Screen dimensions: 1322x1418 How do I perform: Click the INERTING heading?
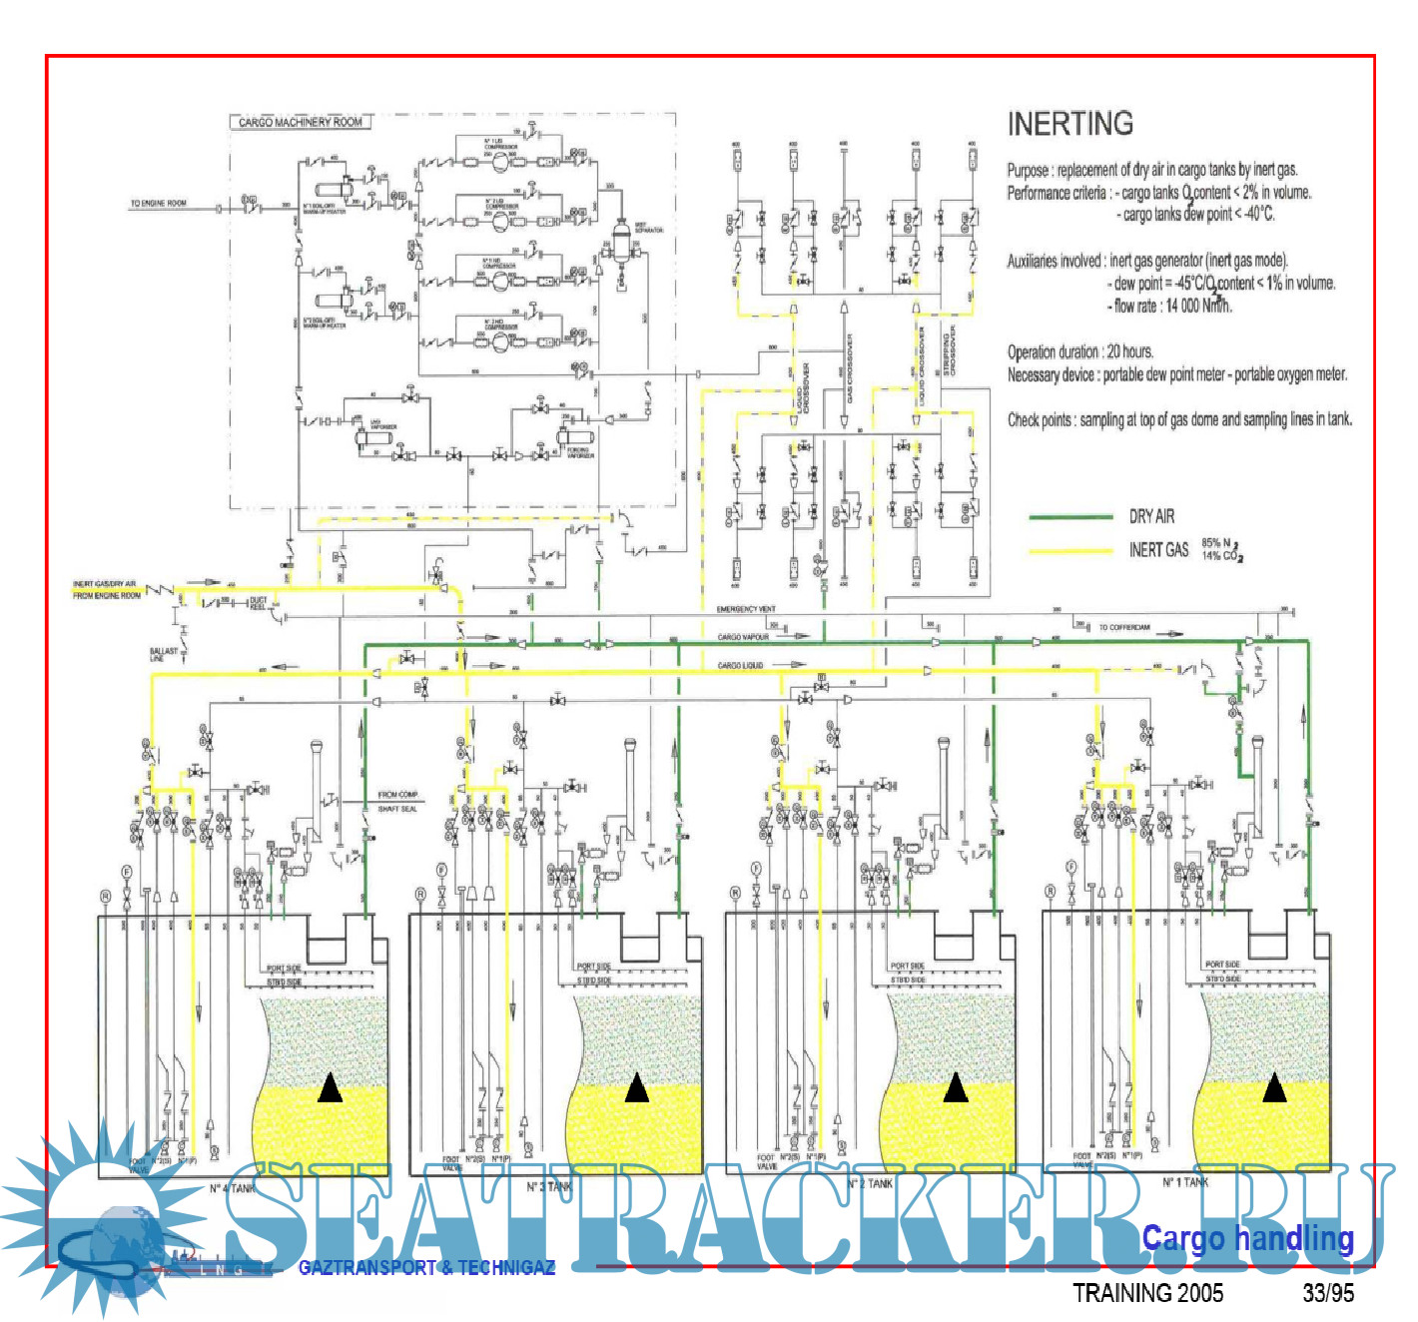(x=1069, y=124)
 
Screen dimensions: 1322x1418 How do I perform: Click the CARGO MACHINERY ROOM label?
(x=301, y=122)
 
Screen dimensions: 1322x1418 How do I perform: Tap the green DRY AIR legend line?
(x=1070, y=516)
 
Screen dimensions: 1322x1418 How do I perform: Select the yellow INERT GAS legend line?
(x=1070, y=550)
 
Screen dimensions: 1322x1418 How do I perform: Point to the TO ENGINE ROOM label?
(x=158, y=203)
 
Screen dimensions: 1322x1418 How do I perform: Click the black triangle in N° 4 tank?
(x=330, y=1088)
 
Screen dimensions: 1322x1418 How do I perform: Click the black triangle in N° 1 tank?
(x=1274, y=1087)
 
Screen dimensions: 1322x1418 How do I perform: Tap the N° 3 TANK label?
(x=550, y=1186)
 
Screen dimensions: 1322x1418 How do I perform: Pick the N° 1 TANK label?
(x=1185, y=1182)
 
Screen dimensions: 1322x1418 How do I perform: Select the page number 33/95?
(x=1328, y=1293)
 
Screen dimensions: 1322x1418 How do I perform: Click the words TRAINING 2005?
(x=1147, y=1293)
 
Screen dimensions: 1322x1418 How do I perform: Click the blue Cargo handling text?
(x=1247, y=1238)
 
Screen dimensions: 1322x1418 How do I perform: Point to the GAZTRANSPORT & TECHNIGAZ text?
(x=426, y=1267)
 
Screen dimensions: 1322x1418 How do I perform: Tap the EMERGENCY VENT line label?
(x=746, y=609)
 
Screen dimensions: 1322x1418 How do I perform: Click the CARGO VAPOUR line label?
(x=743, y=637)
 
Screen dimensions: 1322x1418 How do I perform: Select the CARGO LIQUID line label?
(x=740, y=665)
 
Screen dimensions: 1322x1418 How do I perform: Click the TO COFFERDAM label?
(x=1124, y=628)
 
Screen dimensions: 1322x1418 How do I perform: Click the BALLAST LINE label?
(x=164, y=654)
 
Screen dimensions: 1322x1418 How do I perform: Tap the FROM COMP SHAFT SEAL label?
(x=397, y=802)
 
